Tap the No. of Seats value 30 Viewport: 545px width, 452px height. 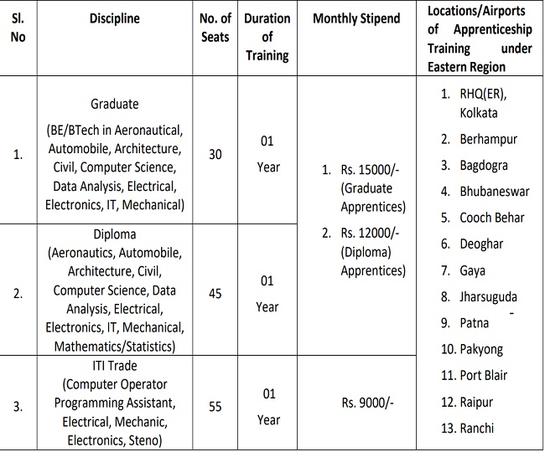pos(215,155)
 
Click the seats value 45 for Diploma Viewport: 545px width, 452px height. pos(215,294)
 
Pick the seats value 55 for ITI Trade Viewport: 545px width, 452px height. pos(215,406)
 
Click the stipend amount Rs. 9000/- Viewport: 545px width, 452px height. pos(367,403)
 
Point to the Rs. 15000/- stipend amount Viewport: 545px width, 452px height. pos(370,171)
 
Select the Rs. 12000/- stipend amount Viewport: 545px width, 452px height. pos(371,234)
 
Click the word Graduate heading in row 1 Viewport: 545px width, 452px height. pos(115,105)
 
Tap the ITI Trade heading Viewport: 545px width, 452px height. pos(115,366)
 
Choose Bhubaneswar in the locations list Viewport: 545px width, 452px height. pos(494,191)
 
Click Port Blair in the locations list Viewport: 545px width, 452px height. pos(483,375)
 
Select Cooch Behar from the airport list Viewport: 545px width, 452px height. pos(491,218)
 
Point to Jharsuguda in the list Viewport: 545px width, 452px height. pos(489,296)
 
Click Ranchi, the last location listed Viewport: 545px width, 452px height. pos(477,428)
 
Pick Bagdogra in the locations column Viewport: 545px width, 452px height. pos(483,165)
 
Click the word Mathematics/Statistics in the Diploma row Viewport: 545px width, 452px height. pos(115,346)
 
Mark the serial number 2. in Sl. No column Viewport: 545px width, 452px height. pos(19,294)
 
